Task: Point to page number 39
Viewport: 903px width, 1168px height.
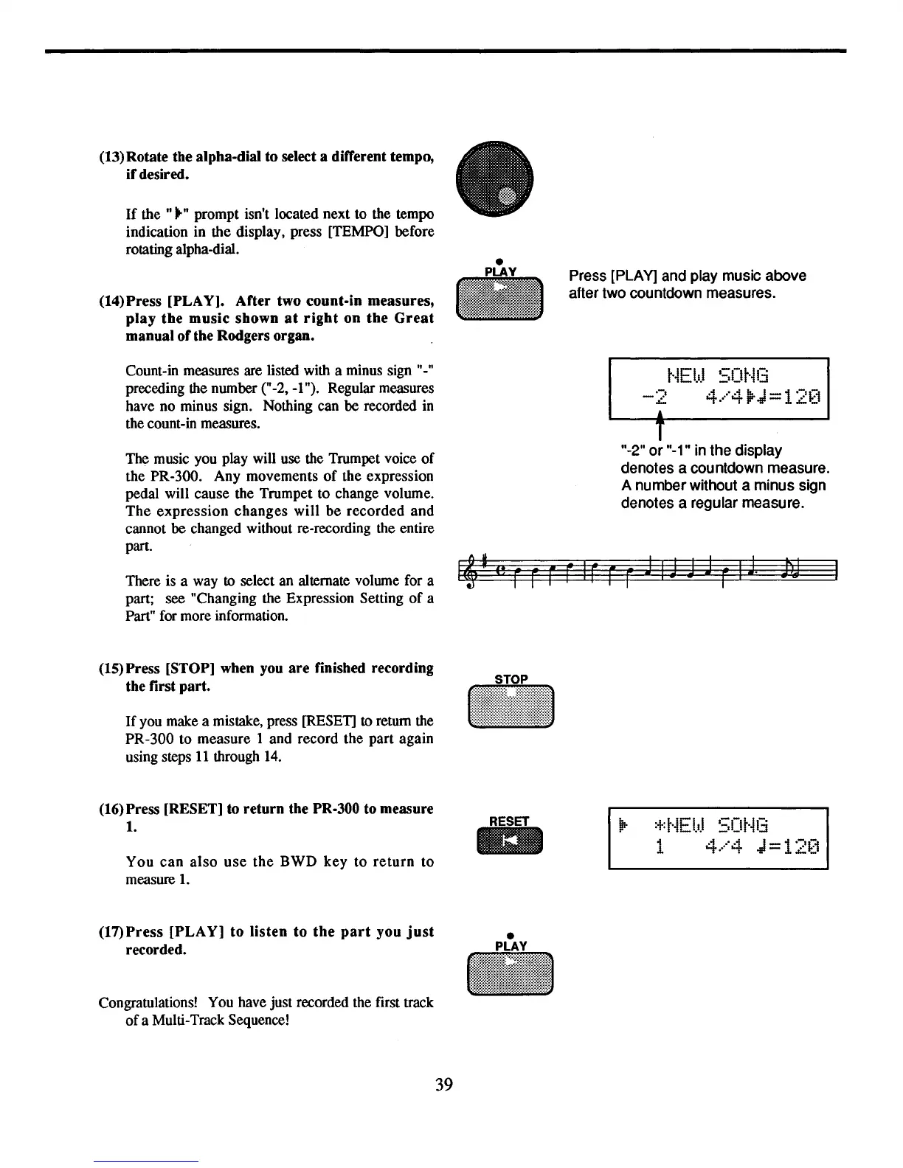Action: (x=443, y=1084)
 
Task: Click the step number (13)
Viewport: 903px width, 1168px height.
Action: (x=111, y=157)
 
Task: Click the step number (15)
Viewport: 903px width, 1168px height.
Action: (x=111, y=669)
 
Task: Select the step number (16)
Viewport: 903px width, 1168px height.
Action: (x=111, y=810)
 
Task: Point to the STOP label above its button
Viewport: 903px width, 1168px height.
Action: (x=511, y=679)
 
